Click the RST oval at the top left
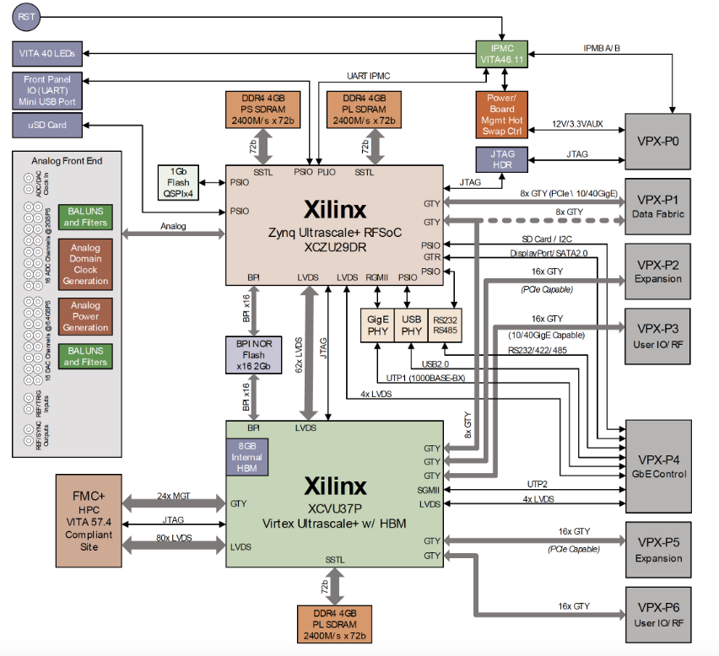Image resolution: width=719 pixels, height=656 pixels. pyautogui.click(x=27, y=17)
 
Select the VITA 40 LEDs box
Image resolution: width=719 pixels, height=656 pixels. pyautogui.click(x=47, y=53)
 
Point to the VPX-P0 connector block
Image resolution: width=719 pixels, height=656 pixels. pyautogui.click(x=657, y=134)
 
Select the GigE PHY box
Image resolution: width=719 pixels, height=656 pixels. pyautogui.click(x=376, y=325)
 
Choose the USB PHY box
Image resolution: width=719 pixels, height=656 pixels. pyautogui.click(x=410, y=325)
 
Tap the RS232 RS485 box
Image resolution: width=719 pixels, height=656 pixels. pyautogui.click(x=445, y=325)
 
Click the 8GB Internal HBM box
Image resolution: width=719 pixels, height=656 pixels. pyautogui.click(x=247, y=457)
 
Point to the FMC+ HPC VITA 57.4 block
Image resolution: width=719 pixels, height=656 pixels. pyautogui.click(x=89, y=519)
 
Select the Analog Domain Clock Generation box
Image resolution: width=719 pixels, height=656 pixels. pyautogui.click(x=85, y=265)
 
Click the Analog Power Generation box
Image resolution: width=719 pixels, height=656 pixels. pyautogui.click(x=85, y=317)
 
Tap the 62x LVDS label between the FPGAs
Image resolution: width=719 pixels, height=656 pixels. pyautogui.click(x=299, y=355)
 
